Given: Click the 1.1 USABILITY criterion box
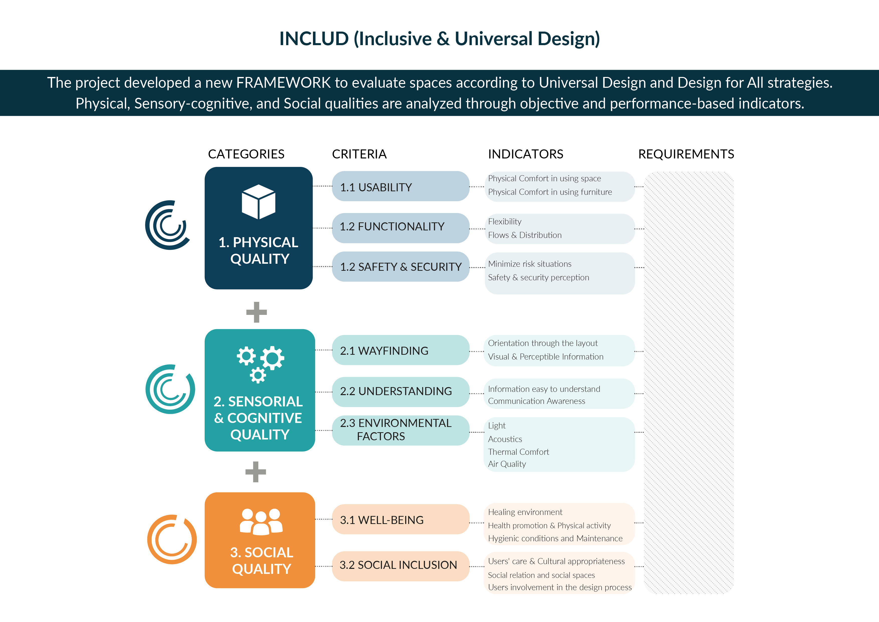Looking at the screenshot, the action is point(400,187).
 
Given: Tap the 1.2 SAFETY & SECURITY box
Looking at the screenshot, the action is point(400,266).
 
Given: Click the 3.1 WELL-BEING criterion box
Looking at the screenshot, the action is point(400,519).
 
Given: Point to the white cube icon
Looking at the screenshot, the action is point(258,202).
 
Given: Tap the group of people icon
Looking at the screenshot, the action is point(261,522).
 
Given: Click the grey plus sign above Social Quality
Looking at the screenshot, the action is point(256,472).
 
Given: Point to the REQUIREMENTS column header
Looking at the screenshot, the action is point(686,154).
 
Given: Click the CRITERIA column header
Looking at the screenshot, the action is point(359,154).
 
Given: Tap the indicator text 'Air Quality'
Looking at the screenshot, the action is point(507,464).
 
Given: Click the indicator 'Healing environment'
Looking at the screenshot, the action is point(525,512).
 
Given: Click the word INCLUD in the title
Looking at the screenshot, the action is point(314,39).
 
